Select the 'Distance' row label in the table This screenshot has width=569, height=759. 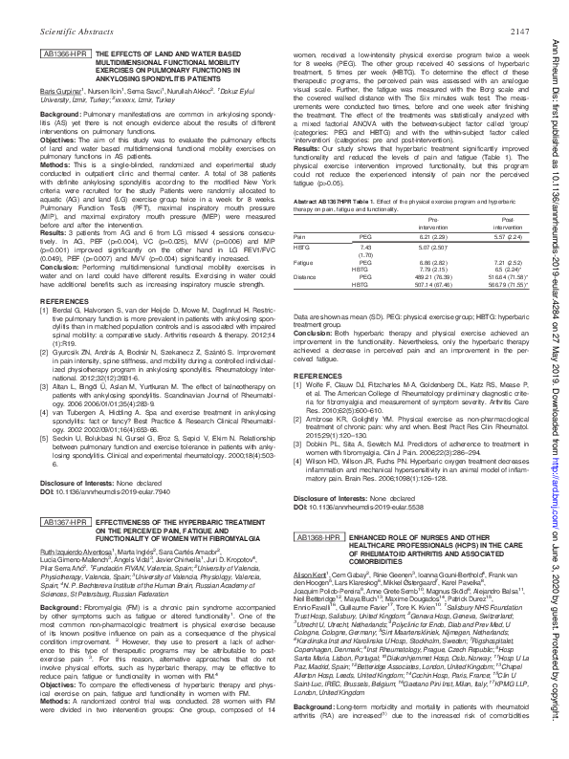305,303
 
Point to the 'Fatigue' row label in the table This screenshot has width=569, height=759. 304,287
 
